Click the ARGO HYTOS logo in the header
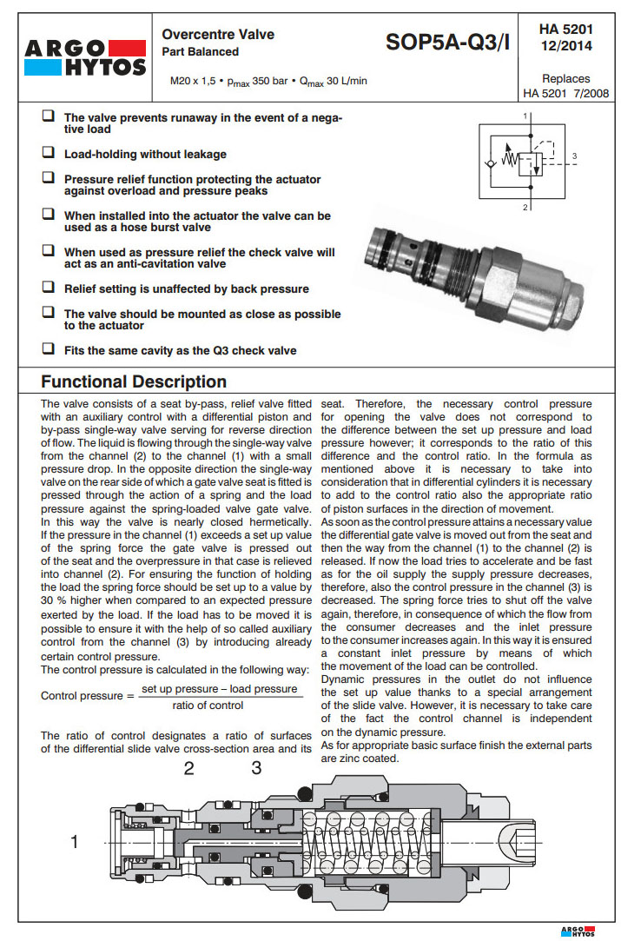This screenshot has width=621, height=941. pos(84,55)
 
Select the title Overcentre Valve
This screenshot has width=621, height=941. pos(218,35)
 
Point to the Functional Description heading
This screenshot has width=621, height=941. pos(134,381)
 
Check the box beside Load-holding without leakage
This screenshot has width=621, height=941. pos(49,153)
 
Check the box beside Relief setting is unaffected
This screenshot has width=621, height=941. pos(49,288)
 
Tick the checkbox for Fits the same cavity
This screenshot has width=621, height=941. pos(49,350)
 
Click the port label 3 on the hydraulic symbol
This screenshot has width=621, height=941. pos(574,157)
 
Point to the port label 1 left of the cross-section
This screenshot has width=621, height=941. pos(75,841)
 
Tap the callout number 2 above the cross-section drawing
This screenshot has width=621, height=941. pos(188,767)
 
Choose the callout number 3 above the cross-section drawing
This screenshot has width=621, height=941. pos(256,767)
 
